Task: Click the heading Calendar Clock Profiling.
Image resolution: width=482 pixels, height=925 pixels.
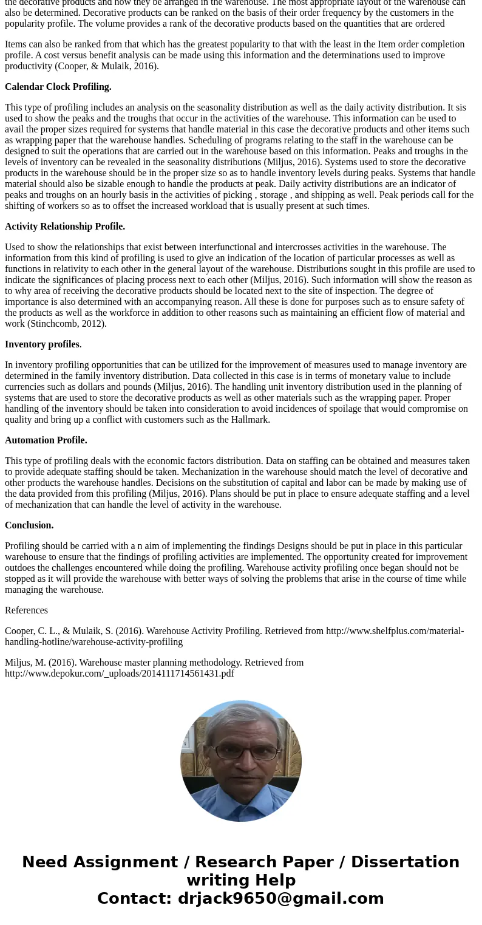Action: (58, 87)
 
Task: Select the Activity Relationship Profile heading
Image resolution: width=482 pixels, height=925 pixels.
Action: (65, 227)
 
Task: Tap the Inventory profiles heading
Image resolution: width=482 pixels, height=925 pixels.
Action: (42, 344)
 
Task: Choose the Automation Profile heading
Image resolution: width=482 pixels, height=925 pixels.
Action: (46, 440)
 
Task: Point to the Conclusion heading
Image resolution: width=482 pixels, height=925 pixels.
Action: (29, 525)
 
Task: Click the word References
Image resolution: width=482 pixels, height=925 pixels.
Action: (26, 610)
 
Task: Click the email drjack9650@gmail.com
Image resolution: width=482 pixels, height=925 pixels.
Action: (280, 899)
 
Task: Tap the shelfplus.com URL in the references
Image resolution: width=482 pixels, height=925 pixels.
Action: (395, 631)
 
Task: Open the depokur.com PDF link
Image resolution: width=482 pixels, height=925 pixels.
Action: (120, 674)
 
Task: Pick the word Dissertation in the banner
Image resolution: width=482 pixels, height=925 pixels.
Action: (405, 862)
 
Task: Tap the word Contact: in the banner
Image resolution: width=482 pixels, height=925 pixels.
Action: (134, 899)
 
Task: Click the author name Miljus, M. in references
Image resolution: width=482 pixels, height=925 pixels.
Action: (27, 663)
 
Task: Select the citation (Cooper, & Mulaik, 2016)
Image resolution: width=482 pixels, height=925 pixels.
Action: (103, 66)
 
